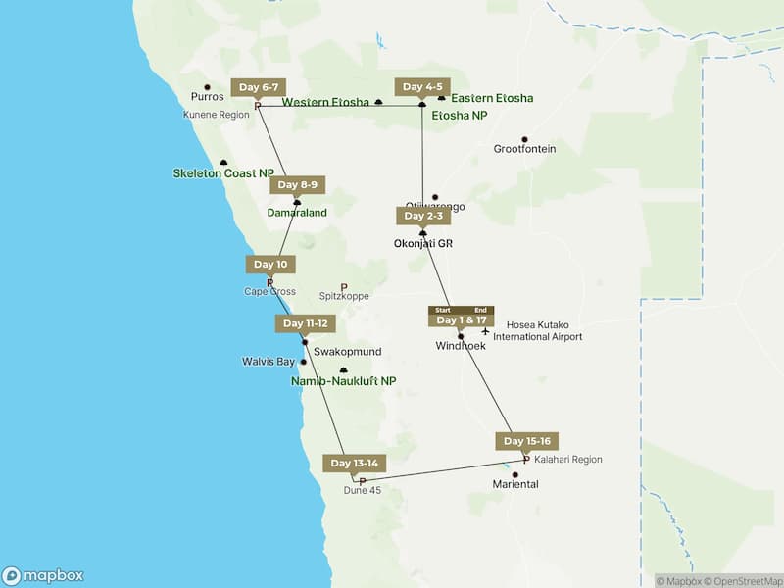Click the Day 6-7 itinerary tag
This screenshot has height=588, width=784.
point(260,87)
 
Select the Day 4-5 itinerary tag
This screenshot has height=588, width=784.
point(422,87)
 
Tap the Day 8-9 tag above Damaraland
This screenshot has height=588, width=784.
point(297,184)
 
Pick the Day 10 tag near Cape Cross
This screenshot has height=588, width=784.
point(269,264)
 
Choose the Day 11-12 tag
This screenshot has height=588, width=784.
point(304,323)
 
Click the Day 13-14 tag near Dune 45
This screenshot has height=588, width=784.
point(354,463)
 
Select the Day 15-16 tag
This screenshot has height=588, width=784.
point(527,441)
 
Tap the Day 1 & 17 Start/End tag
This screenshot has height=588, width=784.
point(461,319)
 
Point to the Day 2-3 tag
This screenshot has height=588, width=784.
point(423,216)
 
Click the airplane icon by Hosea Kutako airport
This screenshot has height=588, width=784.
point(485,330)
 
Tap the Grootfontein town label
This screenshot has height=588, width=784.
point(524,149)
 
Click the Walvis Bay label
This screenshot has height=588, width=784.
point(268,362)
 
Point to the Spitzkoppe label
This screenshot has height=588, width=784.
point(343,295)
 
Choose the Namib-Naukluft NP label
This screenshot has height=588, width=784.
point(343,380)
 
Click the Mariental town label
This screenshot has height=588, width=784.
point(515,484)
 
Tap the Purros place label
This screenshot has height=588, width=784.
point(207,96)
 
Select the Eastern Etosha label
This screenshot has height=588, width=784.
point(492,98)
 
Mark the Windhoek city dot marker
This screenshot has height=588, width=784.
point(461,337)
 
